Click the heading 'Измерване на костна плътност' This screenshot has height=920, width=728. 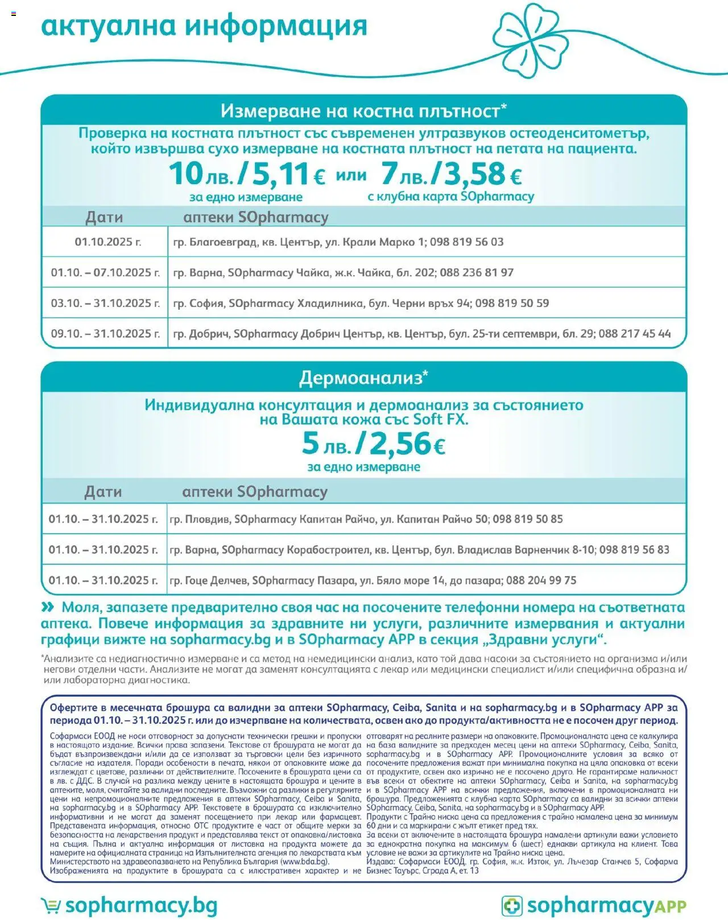pos(363,110)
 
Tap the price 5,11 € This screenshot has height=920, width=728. pos(288,174)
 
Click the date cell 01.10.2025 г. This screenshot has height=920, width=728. pos(107,242)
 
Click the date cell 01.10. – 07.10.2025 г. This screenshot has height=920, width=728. pos(105,273)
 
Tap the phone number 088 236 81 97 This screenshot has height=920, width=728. pos(477,273)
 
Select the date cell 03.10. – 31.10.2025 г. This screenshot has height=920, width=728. pos(105,303)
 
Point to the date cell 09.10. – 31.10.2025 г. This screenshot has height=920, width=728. pos(105,334)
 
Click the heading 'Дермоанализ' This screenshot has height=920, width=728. pos(363,378)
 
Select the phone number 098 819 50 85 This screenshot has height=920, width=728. pos(527,519)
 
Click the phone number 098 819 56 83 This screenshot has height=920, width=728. pos(634,550)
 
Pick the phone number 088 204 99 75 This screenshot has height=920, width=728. pos(541,581)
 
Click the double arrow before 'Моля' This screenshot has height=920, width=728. pos(48,607)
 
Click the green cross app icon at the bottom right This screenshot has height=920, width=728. pos(512,906)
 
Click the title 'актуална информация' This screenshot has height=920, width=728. pos(204,26)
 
